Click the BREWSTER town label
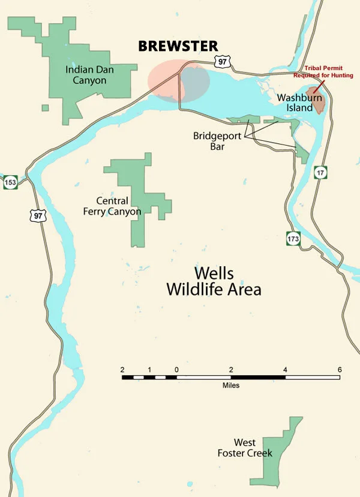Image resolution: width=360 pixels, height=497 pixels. pyautogui.click(x=178, y=46)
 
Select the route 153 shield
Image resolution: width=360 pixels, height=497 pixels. pyautogui.click(x=10, y=182)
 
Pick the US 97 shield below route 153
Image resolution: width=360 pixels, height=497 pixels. pyautogui.click(x=38, y=215)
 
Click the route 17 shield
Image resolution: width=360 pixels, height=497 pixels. pyautogui.click(x=323, y=171)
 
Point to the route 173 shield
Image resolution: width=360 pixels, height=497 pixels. pyautogui.click(x=292, y=239)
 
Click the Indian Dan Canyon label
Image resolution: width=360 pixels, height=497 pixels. pyautogui.click(x=85, y=74)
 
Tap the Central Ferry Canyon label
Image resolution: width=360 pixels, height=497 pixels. pyautogui.click(x=119, y=206)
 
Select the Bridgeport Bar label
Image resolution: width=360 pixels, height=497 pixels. pyautogui.click(x=217, y=140)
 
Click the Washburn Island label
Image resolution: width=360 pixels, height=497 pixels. pyautogui.click(x=295, y=102)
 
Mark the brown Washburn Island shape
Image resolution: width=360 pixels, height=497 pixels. pyautogui.click(x=319, y=103)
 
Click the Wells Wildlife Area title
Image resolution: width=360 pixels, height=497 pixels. pyautogui.click(x=214, y=281)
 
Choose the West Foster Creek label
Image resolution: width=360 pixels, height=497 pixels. pyautogui.click(x=245, y=448)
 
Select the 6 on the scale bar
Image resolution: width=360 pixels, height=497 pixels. pyautogui.click(x=340, y=369)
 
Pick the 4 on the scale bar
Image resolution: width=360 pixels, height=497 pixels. pyautogui.click(x=285, y=369)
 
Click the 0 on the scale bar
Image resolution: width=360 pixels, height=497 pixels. pyautogui.click(x=176, y=369)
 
